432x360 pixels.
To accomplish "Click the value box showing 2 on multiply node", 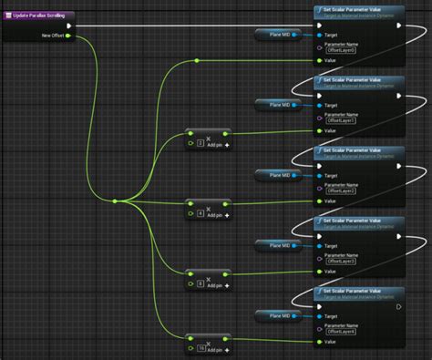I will [x=200, y=144].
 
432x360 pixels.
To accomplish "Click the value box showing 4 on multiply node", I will [x=200, y=214].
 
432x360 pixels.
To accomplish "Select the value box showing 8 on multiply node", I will [x=200, y=284].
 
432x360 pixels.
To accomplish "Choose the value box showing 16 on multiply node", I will [x=201, y=348].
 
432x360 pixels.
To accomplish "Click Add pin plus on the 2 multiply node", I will [x=227, y=144].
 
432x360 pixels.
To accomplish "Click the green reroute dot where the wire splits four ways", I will [x=114, y=201].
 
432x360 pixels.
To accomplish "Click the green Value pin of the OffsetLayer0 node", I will [x=318, y=61].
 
